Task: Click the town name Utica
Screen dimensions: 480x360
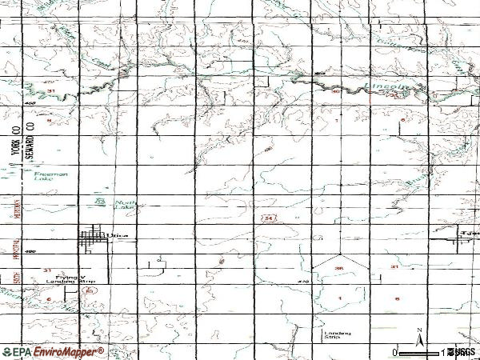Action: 117,235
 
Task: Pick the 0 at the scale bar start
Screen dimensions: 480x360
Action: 396,353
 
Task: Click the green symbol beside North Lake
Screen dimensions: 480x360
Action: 100,201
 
